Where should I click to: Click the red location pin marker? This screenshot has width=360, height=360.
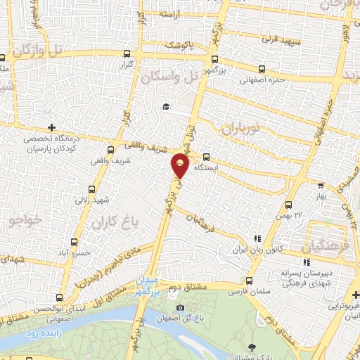[181, 165]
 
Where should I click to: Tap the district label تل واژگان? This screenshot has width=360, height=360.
[43, 50]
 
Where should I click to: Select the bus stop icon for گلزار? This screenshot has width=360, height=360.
[127, 54]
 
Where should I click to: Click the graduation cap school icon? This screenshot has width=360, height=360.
[166, 107]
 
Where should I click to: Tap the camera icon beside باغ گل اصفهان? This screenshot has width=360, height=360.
[181, 307]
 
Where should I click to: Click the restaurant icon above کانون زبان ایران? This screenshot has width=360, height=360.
[257, 240]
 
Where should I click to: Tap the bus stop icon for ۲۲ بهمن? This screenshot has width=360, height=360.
[288, 205]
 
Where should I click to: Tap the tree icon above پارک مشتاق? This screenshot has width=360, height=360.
[251, 346]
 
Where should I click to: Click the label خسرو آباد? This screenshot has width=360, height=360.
[72, 252]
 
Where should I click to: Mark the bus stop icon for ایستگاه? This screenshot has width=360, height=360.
[206, 157]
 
